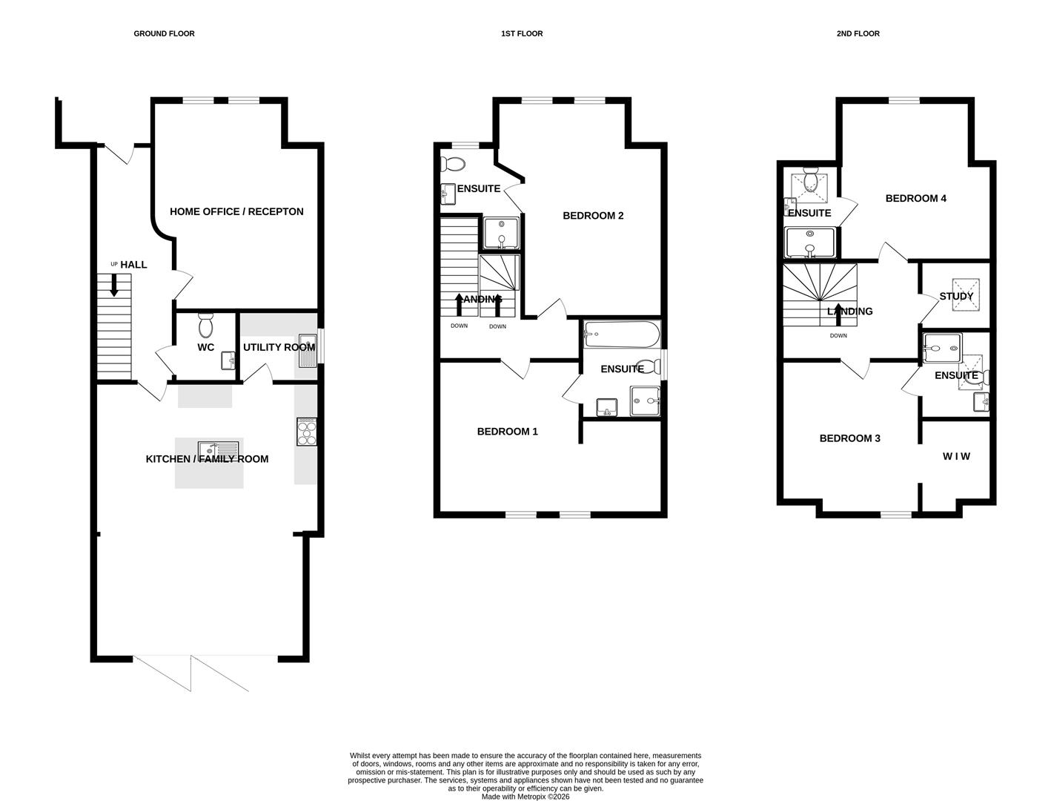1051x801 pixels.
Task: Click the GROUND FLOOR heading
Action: (164, 33)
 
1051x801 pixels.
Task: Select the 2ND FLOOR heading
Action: (858, 33)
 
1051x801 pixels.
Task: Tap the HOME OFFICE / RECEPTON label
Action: (236, 211)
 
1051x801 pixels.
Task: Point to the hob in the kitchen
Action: (306, 432)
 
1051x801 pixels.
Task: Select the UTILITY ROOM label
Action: (279, 347)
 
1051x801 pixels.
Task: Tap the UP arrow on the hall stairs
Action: (113, 285)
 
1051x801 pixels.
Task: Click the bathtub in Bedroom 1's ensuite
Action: (621, 334)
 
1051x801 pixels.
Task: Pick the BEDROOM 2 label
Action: (593, 216)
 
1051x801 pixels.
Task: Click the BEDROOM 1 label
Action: (507, 432)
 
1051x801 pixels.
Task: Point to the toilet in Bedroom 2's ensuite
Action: (452, 164)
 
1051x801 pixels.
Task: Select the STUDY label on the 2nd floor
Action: (956, 296)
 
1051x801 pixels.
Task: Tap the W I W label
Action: (956, 456)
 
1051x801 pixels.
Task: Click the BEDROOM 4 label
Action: (915, 198)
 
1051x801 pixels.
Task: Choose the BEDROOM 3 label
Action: (849, 438)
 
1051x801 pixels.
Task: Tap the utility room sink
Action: (307, 351)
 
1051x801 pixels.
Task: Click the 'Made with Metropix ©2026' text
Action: (525, 797)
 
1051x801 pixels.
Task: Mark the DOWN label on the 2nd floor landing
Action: (838, 336)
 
